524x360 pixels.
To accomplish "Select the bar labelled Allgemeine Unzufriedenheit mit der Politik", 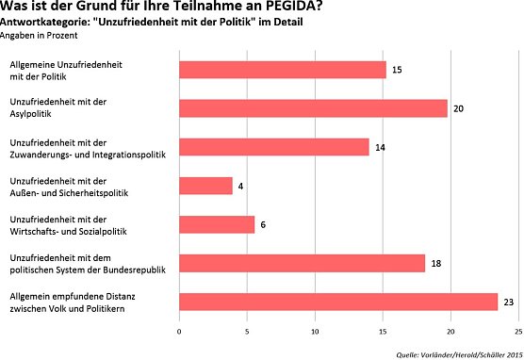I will click(x=282, y=69).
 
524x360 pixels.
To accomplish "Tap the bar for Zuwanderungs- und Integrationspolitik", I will click(x=273, y=147).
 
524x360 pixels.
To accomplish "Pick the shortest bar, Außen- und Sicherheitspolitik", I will click(x=205, y=186).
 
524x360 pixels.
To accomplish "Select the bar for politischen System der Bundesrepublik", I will click(x=302, y=263).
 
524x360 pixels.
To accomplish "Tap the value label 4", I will click(x=242, y=187).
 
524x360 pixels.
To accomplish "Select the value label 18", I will click(x=437, y=264).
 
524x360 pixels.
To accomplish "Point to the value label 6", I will click(x=264, y=225).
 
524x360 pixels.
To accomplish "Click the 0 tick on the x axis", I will click(x=179, y=332).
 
